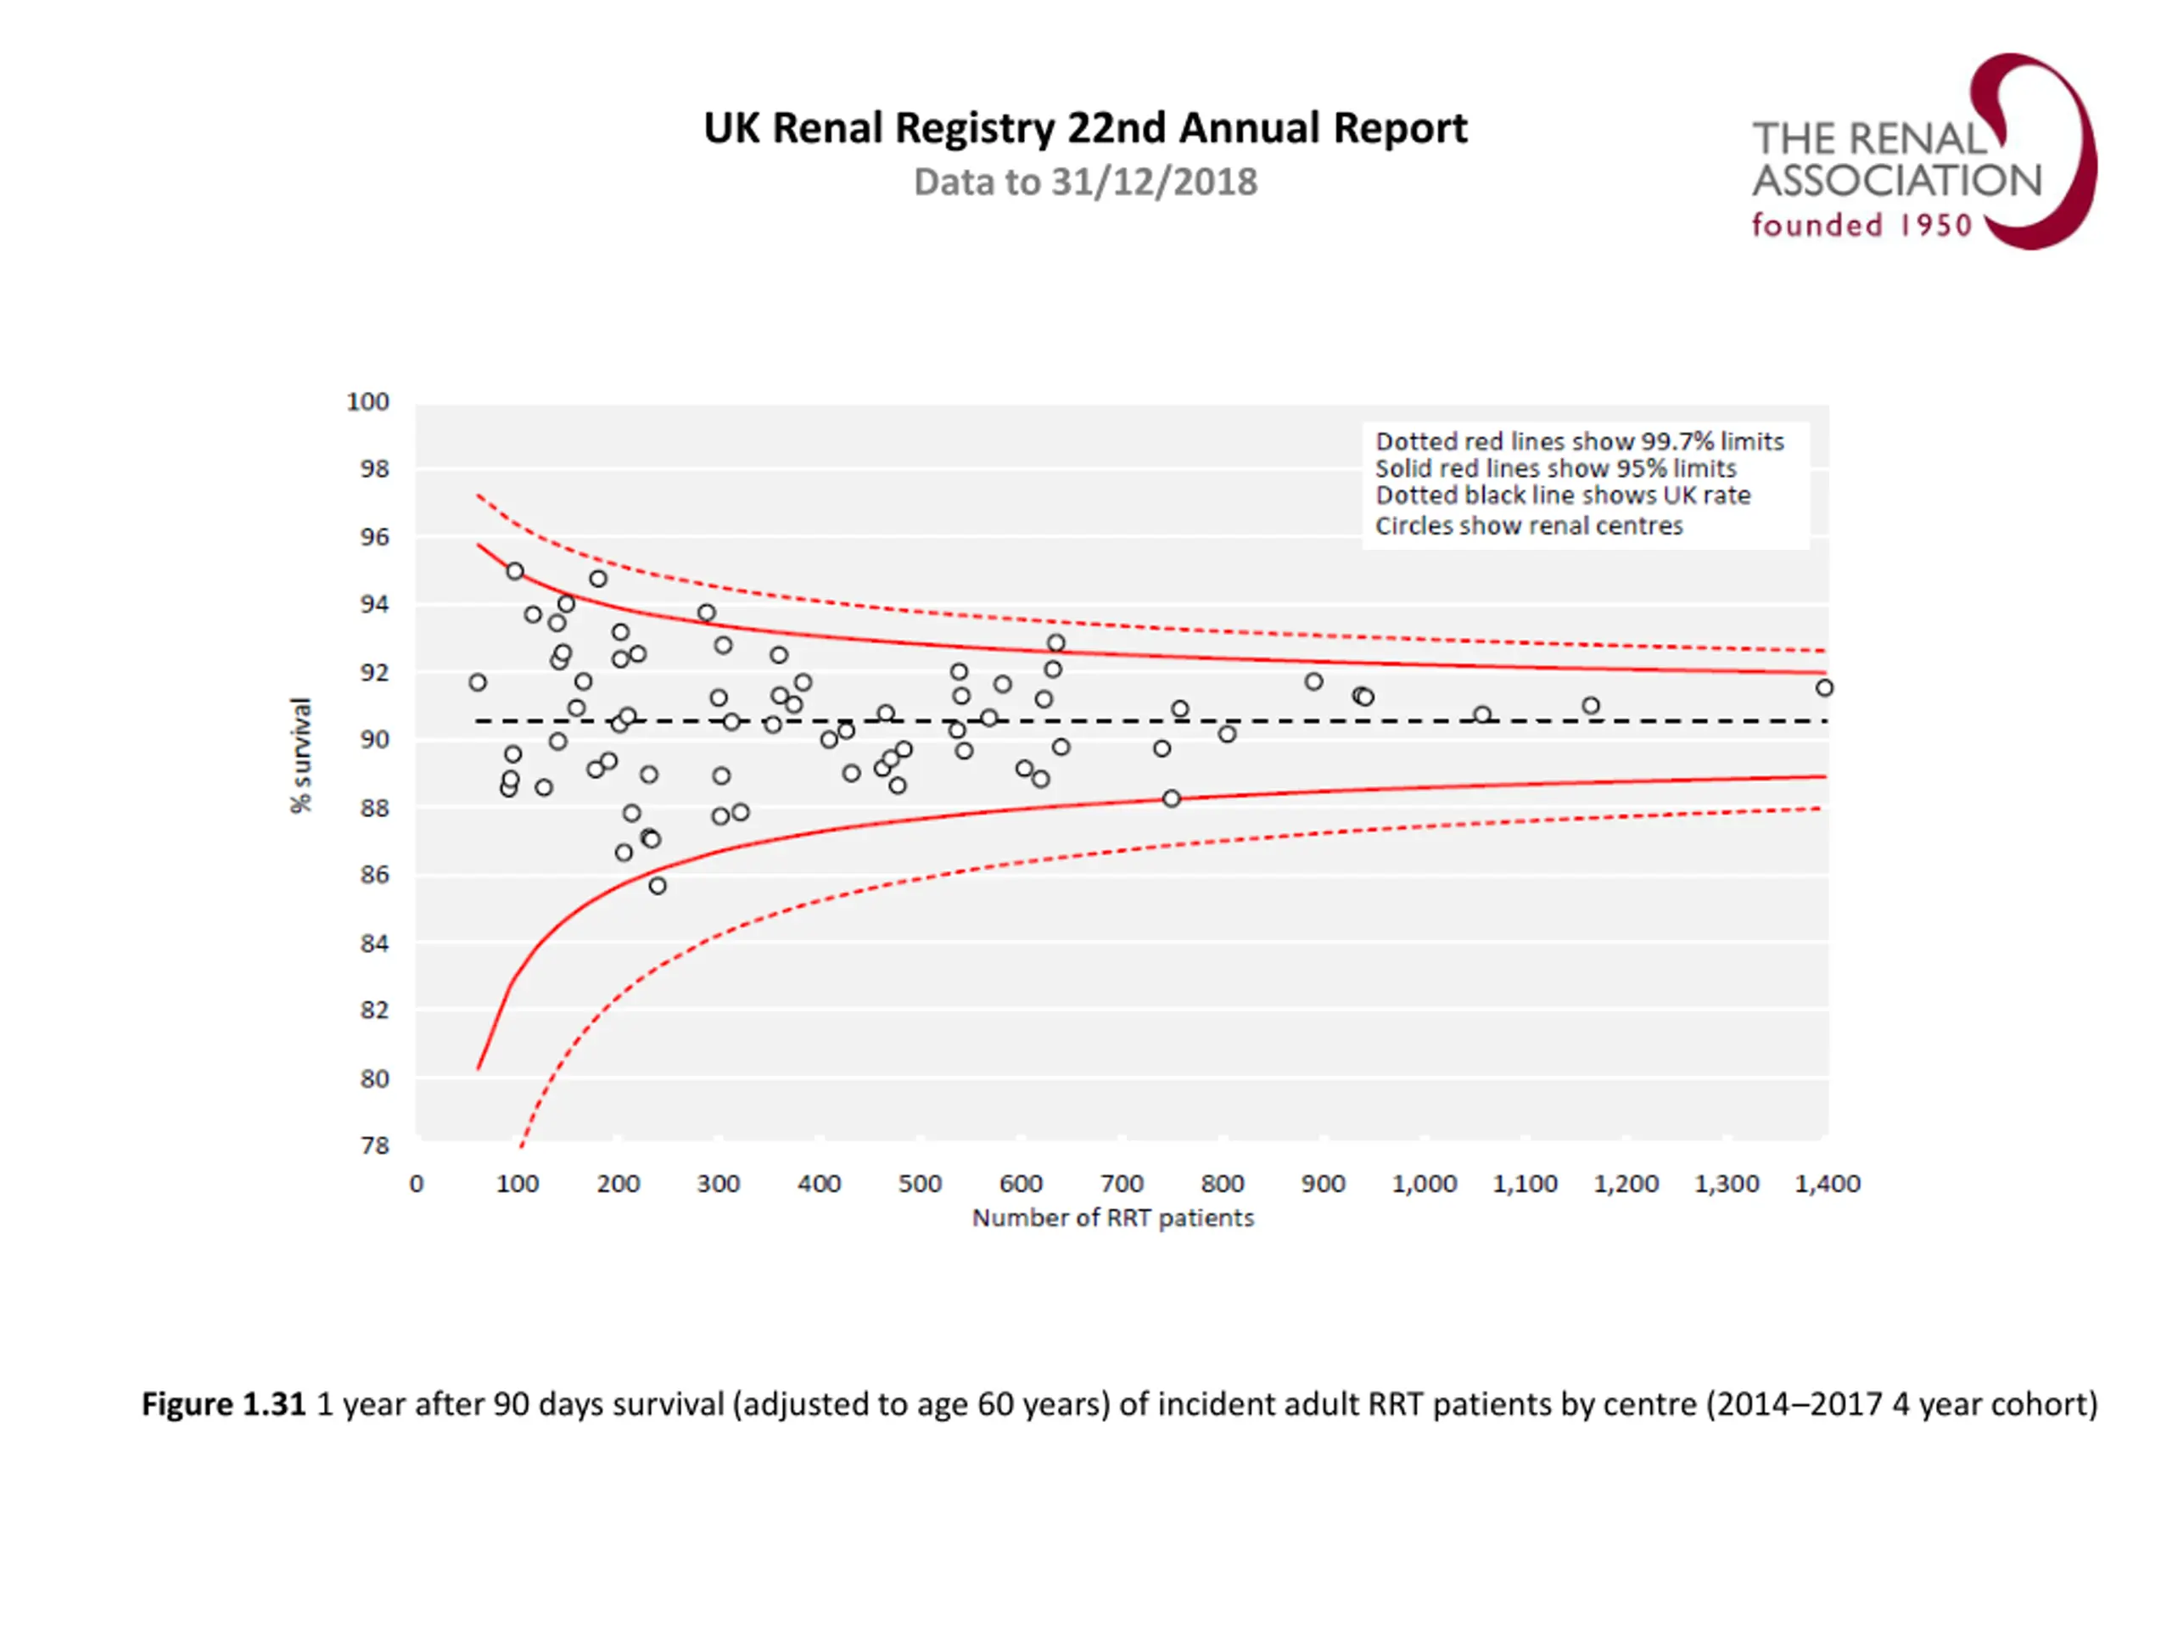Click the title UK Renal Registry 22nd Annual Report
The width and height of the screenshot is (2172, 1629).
1085,129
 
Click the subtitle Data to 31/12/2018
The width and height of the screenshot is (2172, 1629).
1085,182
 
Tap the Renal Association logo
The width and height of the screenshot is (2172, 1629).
1923,152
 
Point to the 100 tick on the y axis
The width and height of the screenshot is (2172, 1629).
368,401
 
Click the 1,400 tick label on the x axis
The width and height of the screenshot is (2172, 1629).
1828,1184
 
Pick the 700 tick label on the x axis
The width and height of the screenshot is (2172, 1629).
1122,1184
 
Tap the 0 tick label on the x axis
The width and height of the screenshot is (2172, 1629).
417,1184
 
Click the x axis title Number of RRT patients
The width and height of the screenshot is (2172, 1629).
1112,1218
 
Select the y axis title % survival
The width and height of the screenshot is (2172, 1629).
300,755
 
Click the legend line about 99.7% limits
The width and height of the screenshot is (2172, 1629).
1579,442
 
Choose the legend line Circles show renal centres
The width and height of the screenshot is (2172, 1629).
1528,526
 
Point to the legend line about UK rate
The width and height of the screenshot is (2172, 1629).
1562,495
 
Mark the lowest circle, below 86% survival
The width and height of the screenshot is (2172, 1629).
658,886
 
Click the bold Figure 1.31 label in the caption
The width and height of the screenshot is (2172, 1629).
224,1404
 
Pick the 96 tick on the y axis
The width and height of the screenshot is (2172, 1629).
375,537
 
